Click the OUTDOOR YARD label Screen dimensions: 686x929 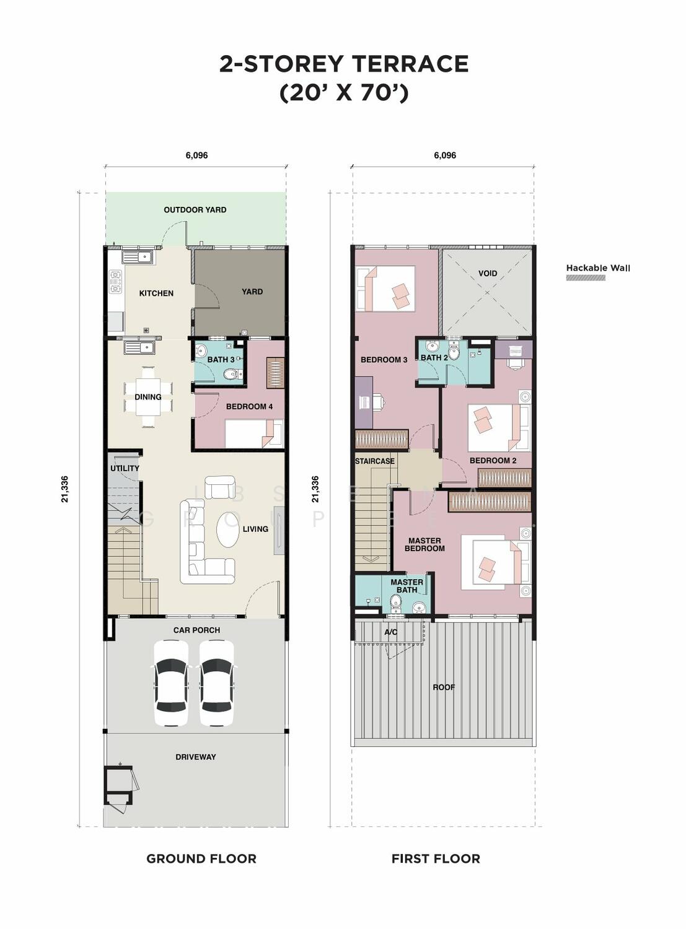(x=195, y=210)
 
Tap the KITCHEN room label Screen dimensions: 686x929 (x=156, y=293)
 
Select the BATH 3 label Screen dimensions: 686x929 (x=221, y=359)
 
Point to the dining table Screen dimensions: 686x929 (x=148, y=396)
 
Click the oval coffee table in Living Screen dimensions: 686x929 (x=229, y=528)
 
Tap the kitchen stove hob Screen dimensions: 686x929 (x=115, y=282)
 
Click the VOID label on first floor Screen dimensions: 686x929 (x=487, y=274)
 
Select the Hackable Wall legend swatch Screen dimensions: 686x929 (x=586, y=277)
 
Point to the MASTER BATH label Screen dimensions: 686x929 (x=407, y=586)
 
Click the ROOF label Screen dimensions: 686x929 (x=443, y=687)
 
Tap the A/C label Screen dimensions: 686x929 (x=390, y=632)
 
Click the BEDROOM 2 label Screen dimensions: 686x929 (x=493, y=461)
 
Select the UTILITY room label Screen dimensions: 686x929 (x=125, y=468)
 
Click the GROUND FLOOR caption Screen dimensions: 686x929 (x=201, y=858)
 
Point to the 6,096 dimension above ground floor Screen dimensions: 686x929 (x=196, y=155)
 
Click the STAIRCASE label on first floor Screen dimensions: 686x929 (x=375, y=461)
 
